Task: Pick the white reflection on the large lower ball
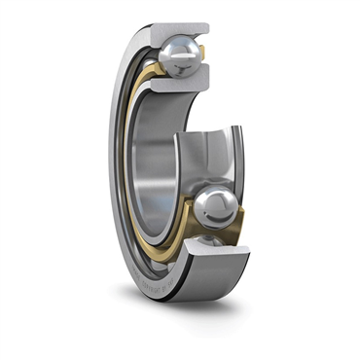[x=210, y=199]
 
